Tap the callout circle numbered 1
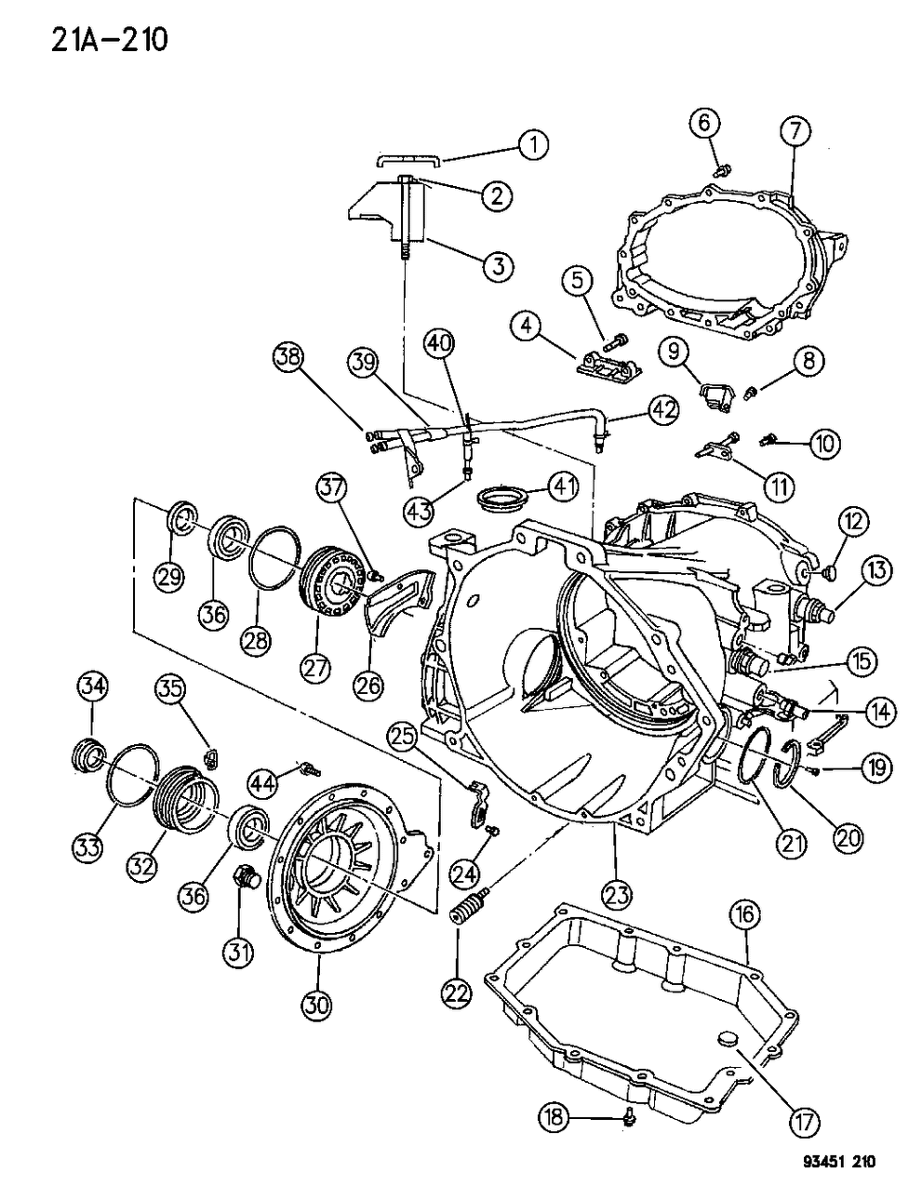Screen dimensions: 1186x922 pyautogui.click(x=533, y=145)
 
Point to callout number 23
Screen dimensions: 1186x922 pyautogui.click(x=616, y=894)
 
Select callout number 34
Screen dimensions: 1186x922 pyautogui.click(x=92, y=688)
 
